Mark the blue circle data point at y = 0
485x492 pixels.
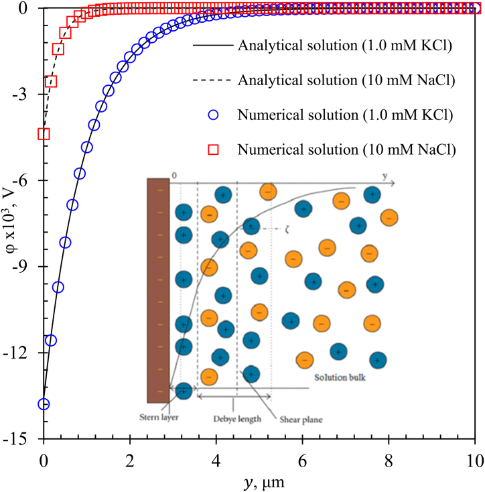pos(44,404)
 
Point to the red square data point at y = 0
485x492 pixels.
pos(44,134)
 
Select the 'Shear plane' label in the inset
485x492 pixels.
pos(300,421)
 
